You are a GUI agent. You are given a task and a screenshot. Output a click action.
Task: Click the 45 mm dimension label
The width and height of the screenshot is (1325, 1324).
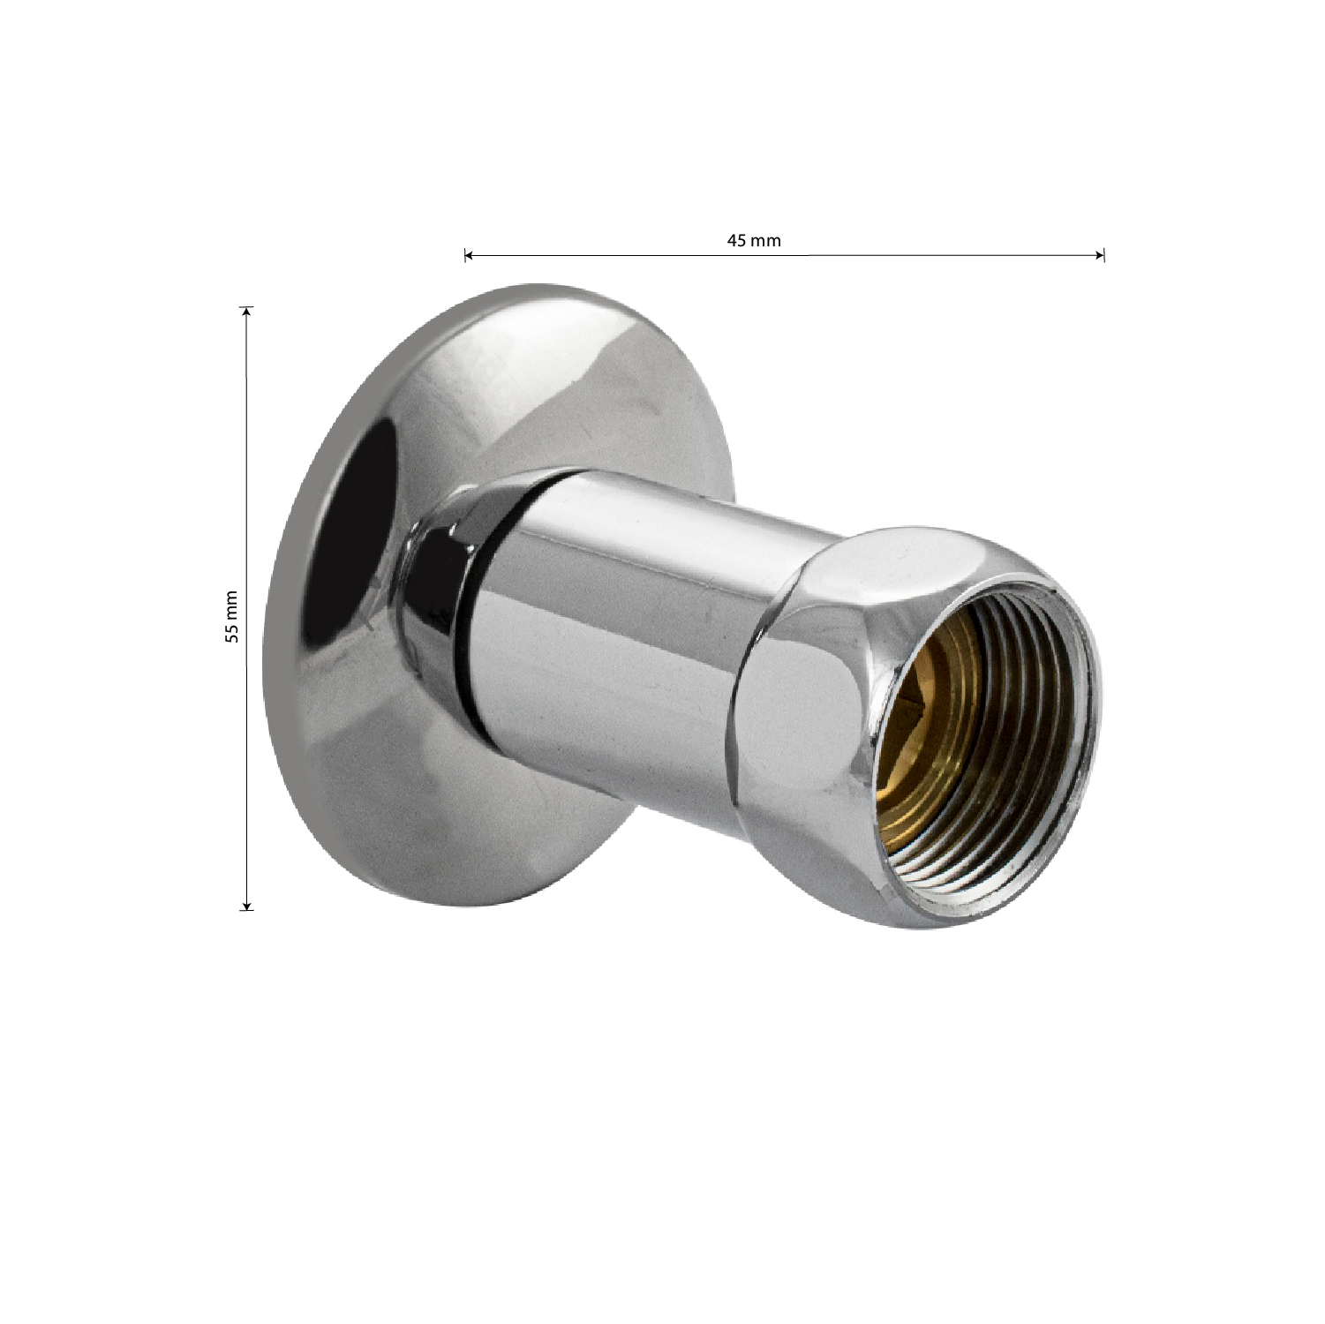pos(754,241)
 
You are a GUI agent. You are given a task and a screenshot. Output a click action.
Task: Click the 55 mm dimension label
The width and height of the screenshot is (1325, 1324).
pos(231,615)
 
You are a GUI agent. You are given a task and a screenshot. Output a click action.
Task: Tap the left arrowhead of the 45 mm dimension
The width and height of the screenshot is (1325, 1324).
pos(469,256)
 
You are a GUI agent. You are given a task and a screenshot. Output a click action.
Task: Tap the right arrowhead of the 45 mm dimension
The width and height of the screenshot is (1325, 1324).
pos(1100,256)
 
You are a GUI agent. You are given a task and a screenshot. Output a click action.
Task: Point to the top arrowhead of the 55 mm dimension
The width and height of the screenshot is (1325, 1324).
pos(247,312)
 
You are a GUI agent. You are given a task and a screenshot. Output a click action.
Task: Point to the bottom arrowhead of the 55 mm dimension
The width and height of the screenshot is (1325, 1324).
pos(247,904)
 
